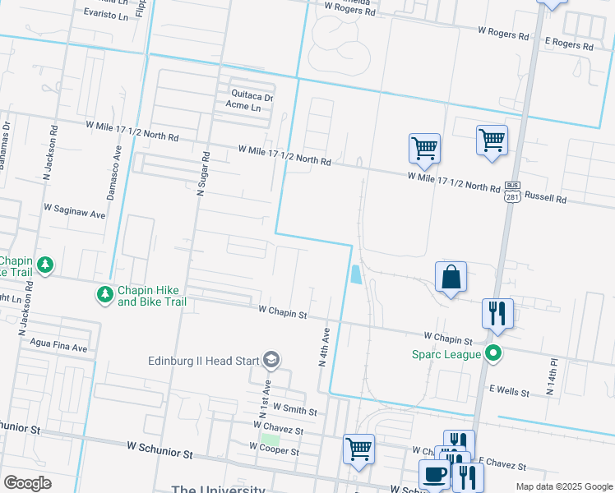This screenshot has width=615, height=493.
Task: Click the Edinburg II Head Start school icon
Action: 271,360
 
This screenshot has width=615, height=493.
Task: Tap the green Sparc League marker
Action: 493,355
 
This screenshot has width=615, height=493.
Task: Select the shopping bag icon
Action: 451,278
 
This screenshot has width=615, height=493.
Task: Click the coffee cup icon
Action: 434,475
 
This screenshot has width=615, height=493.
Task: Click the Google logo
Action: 27,483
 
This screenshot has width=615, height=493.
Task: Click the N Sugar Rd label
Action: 202,173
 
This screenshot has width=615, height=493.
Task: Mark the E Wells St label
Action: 509,392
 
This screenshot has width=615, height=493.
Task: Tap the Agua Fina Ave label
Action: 58,348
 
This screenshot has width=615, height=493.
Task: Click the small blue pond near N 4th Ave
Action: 355,274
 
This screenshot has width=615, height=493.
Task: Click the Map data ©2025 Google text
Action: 563,486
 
